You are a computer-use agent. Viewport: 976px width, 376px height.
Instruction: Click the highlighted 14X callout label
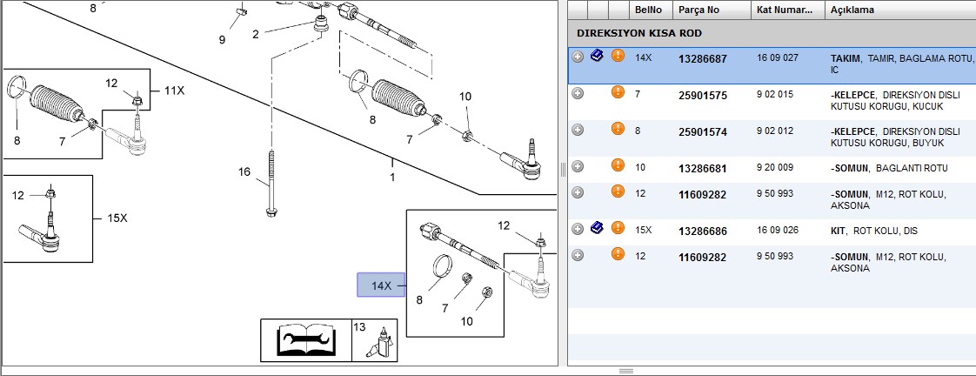click(x=381, y=285)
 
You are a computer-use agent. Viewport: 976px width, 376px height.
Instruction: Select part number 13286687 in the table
click(x=702, y=59)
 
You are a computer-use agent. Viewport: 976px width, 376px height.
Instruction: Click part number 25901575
click(x=702, y=95)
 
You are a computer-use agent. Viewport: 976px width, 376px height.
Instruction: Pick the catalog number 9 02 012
click(x=775, y=131)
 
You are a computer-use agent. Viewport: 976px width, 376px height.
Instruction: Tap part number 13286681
click(x=702, y=169)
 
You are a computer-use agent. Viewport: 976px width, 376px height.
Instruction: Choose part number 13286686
click(x=702, y=231)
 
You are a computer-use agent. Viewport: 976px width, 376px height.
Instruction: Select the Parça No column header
click(x=699, y=10)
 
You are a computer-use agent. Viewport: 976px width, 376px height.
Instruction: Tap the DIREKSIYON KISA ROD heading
click(x=639, y=33)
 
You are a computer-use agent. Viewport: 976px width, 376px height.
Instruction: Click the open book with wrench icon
click(x=305, y=340)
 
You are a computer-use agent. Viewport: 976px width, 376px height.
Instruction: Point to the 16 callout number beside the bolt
click(x=244, y=171)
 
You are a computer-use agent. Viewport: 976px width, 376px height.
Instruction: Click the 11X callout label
click(x=175, y=91)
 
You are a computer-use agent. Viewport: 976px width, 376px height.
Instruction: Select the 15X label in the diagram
click(x=117, y=218)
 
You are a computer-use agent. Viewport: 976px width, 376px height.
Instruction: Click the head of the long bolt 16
click(x=271, y=213)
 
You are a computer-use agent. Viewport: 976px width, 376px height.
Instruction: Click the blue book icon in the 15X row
click(x=597, y=227)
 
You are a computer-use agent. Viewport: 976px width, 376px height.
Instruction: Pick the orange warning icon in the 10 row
click(x=618, y=165)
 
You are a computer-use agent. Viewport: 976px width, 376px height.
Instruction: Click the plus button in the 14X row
click(x=578, y=57)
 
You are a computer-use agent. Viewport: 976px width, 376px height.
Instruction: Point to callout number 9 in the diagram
click(x=222, y=40)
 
